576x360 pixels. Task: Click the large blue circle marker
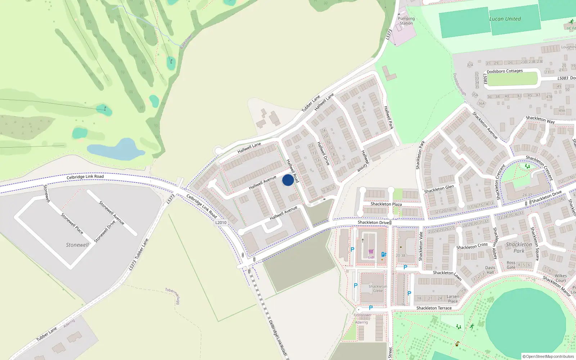288,180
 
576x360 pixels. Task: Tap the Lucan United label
505,19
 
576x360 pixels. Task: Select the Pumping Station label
406,21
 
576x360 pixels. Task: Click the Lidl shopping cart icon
371,251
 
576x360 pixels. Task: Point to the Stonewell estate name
77,245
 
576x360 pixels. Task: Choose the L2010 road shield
221,222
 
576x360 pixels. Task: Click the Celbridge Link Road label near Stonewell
85,176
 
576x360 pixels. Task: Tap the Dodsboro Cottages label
504,71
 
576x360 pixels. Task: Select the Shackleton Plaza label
386,204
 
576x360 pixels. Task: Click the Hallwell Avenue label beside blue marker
262,183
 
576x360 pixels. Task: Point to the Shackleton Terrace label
434,308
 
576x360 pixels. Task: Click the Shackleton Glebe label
378,289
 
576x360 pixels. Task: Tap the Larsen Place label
453,299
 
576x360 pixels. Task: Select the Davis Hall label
490,270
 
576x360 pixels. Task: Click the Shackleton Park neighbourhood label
519,247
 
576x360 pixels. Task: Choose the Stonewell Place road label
72,224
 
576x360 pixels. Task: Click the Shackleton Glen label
439,189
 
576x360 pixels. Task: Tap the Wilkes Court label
561,278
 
